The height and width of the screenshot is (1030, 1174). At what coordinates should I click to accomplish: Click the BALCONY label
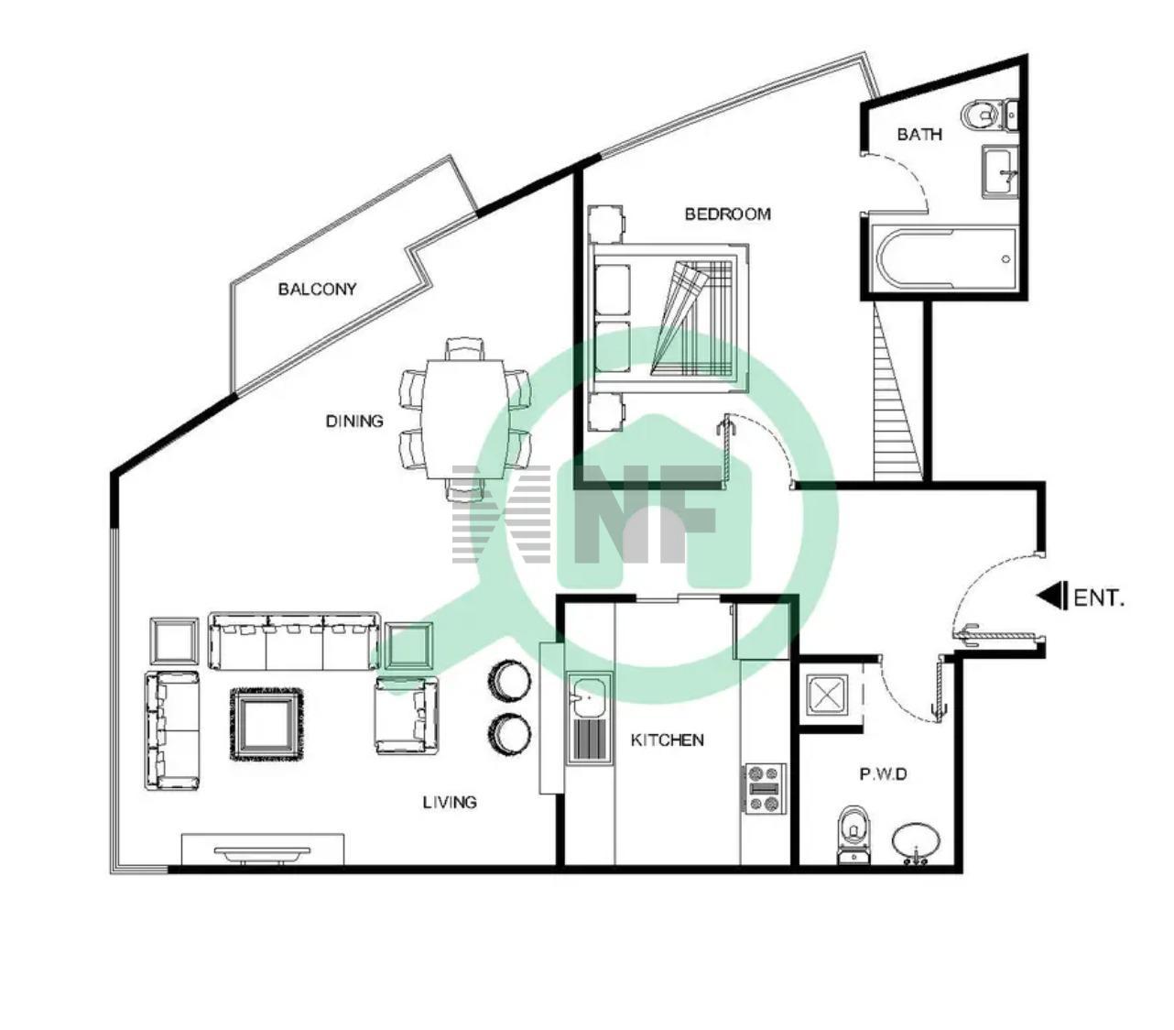(317, 289)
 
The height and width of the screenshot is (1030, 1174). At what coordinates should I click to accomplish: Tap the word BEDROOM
(728, 214)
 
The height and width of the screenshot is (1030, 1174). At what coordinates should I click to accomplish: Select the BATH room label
(919, 135)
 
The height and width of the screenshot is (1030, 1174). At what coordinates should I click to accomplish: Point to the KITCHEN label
(667, 740)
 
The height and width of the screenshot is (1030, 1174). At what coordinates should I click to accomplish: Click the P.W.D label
(883, 774)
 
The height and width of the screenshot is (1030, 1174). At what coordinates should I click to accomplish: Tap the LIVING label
(450, 803)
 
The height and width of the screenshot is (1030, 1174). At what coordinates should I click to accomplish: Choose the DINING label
(354, 421)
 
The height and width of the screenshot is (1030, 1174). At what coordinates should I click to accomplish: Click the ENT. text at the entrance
(1099, 598)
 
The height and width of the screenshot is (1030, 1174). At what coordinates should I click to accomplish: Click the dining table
(464, 419)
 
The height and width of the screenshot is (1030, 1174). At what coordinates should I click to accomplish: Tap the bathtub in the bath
(944, 259)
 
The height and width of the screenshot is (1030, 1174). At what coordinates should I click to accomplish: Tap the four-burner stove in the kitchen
(764, 788)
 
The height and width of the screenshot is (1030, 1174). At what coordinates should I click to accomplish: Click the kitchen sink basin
(589, 696)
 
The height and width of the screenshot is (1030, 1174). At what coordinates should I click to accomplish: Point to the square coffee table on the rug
(267, 725)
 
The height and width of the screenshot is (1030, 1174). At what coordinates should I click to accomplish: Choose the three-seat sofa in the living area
(294, 641)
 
